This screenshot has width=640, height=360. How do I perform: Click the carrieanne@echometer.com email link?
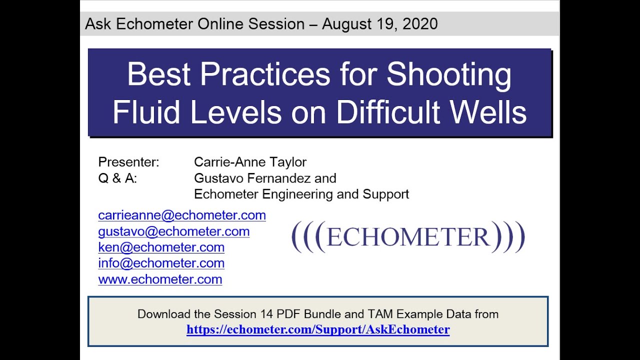tap(182, 215)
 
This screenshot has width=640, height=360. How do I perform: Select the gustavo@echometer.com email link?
tap(174, 231)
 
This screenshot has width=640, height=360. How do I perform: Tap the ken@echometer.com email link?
tap(161, 247)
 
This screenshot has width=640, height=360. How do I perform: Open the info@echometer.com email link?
tap(161, 263)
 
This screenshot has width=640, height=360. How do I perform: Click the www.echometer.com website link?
tap(160, 279)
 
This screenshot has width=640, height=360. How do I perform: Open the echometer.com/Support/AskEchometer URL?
tap(318, 329)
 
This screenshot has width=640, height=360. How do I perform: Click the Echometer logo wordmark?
tap(408, 237)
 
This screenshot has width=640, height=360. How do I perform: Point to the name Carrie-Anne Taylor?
tap(250, 162)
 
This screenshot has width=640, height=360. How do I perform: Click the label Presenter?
tap(129, 162)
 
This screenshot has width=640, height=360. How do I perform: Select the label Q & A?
tap(117, 178)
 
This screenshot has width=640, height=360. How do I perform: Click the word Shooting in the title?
tap(449, 74)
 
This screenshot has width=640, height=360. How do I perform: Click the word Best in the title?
tap(159, 74)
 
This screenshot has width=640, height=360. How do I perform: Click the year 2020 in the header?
tap(419, 24)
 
